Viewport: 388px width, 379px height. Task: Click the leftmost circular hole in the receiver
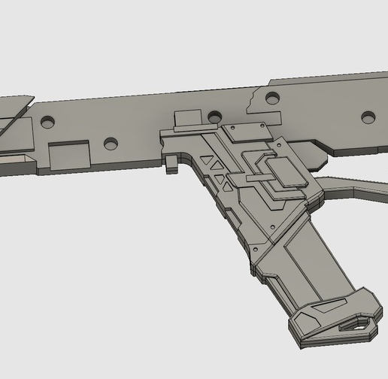coord(48,121)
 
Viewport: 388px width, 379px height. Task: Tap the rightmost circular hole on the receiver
coord(368,117)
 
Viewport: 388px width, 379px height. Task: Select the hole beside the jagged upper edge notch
coord(271,98)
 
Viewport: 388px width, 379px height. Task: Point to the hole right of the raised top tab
coord(215,117)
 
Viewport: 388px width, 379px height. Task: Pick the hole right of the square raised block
coord(111,143)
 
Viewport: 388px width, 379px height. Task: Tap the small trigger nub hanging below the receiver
coord(172,162)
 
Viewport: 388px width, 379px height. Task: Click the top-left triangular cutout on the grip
coord(205,160)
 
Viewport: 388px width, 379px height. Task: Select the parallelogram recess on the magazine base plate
coord(326,308)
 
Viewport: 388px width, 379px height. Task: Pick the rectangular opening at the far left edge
coord(17,160)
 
